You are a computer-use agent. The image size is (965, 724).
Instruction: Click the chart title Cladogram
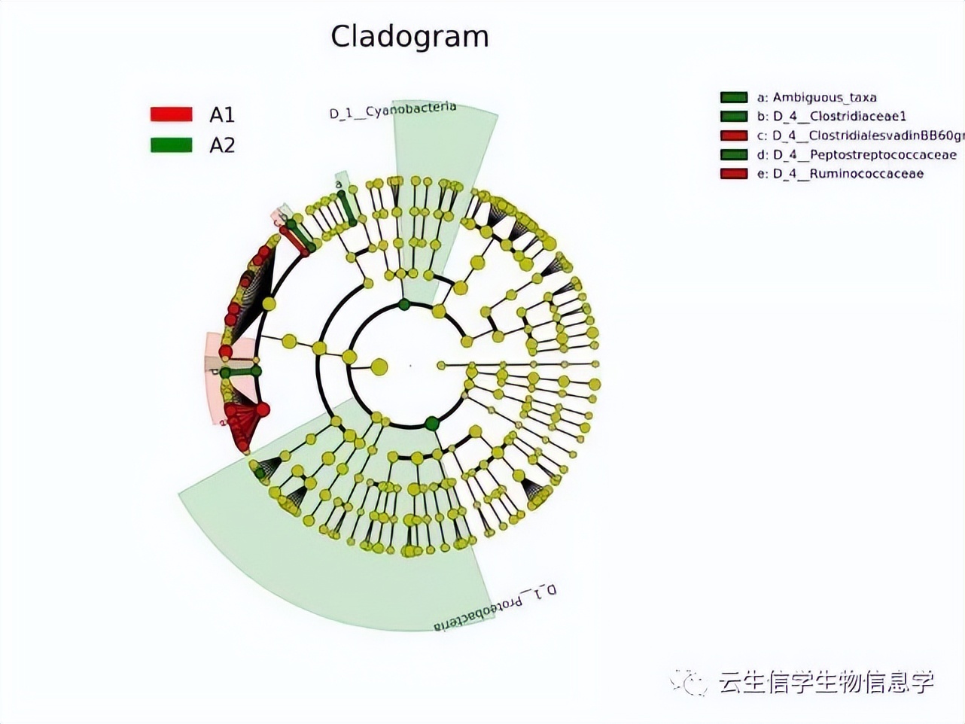pyautogui.click(x=409, y=36)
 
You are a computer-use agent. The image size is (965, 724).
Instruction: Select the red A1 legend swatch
pyautogui.click(x=171, y=114)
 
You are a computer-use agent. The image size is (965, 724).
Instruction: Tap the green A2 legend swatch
pyautogui.click(x=171, y=144)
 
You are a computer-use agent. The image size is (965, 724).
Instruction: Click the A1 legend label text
pyautogui.click(x=222, y=114)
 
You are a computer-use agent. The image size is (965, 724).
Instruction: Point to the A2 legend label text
pyautogui.click(x=222, y=144)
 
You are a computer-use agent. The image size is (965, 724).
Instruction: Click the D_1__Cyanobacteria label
pyautogui.click(x=392, y=111)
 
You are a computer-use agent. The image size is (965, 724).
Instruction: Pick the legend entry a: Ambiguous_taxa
pyautogui.click(x=816, y=97)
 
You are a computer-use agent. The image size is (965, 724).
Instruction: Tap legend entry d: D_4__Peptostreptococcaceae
pyautogui.click(x=857, y=154)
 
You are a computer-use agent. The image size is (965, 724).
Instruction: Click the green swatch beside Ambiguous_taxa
pyautogui.click(x=733, y=97)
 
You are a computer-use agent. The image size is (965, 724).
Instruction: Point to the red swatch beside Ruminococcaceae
pyautogui.click(x=733, y=174)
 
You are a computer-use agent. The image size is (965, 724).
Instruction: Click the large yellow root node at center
pyautogui.click(x=379, y=367)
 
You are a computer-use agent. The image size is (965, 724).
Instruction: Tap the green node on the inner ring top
pyautogui.click(x=404, y=304)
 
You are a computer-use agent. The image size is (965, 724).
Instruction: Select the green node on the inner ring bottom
pyautogui.click(x=432, y=423)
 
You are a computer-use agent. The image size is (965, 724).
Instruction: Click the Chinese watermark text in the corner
pyautogui.click(x=826, y=682)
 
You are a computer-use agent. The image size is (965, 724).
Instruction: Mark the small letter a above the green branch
pyautogui.click(x=339, y=184)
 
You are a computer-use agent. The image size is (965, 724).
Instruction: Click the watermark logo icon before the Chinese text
pyautogui.click(x=690, y=682)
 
